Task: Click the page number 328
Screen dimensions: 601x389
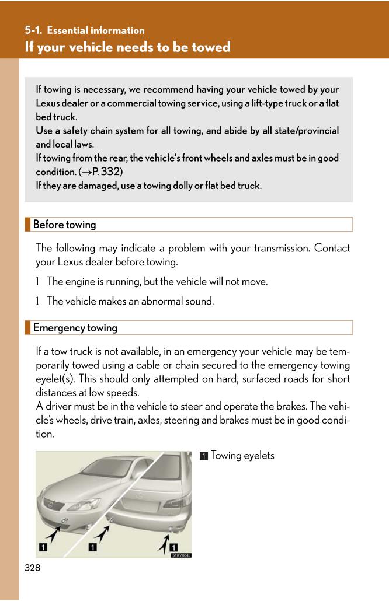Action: (x=33, y=567)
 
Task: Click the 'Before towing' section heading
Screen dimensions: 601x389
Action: (x=64, y=225)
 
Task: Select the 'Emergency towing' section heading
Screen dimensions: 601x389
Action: (x=75, y=328)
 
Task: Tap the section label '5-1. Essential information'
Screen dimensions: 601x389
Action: (x=85, y=30)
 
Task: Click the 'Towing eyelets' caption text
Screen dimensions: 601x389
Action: (x=242, y=456)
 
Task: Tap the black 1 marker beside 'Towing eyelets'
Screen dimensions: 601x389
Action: (x=203, y=456)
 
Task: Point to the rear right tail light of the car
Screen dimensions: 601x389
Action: (x=179, y=501)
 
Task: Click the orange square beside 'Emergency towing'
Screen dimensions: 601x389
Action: (x=27, y=328)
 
